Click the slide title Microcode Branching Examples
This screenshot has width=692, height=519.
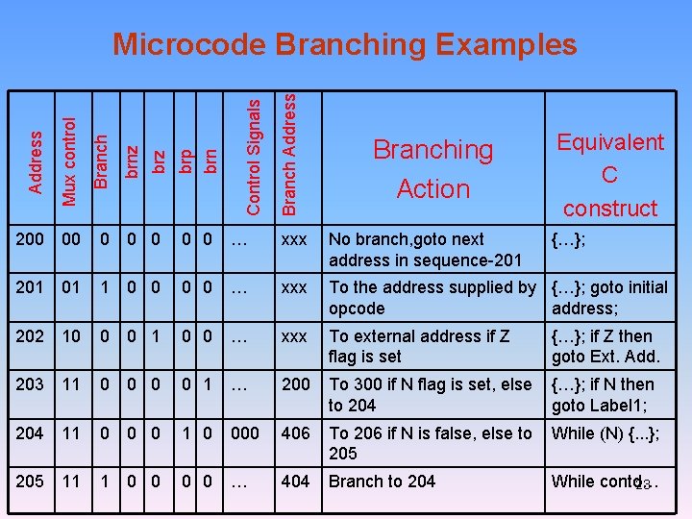tap(345, 44)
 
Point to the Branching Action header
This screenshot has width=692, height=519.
tap(432, 169)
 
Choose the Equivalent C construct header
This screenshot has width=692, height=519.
tap(610, 175)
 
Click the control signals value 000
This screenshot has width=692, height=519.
tap(245, 433)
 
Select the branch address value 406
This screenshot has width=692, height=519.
tap(295, 433)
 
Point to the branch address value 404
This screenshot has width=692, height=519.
tap(295, 482)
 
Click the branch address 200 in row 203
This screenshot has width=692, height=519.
tap(295, 384)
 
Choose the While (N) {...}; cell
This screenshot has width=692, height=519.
tap(605, 433)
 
